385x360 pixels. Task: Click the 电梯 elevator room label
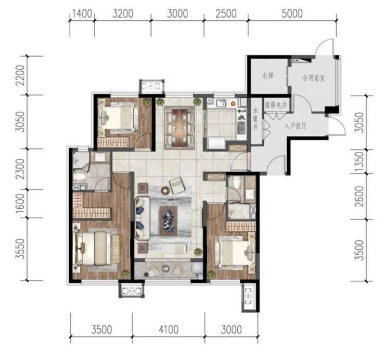[267, 76]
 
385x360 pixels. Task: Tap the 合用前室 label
[314, 78]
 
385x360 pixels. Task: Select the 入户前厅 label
[295, 126]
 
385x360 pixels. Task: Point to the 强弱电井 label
[276, 106]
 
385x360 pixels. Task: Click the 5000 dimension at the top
[292, 14]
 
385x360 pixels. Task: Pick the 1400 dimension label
[82, 14]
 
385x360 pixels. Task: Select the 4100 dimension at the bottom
[169, 329]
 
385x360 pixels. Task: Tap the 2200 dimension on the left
[21, 75]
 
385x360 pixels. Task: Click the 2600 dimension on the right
[360, 196]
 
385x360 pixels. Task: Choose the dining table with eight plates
[179, 127]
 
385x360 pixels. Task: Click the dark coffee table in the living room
[169, 221]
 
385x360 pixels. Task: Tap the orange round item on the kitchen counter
[233, 104]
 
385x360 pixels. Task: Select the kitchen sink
[221, 103]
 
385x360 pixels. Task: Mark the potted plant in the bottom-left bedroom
[125, 274]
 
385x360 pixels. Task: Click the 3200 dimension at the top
[123, 14]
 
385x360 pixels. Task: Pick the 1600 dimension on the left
[21, 203]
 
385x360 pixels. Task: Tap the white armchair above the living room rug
[177, 185]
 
